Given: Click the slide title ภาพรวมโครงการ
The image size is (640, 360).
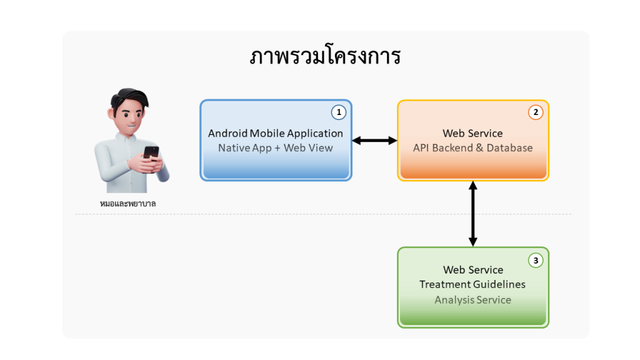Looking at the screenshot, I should click(325, 57).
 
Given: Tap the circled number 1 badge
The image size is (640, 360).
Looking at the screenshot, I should click(338, 112).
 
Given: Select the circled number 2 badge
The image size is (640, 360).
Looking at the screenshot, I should click(536, 112).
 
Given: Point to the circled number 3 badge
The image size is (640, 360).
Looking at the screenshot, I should click(536, 260).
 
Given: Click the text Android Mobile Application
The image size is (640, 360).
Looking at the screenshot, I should click(276, 133).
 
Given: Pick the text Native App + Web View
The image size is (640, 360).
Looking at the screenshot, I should click(276, 148).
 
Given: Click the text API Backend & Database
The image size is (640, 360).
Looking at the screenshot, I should click(472, 148).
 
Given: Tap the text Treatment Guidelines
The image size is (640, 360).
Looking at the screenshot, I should click(472, 284).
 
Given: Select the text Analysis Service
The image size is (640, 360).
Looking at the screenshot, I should click(472, 300).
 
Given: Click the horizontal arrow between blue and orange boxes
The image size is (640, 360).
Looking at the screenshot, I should click(374, 141).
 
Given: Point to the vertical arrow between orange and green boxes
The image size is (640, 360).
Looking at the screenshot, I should click(473, 214).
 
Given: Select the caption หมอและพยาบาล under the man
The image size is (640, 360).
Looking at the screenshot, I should click(127, 203).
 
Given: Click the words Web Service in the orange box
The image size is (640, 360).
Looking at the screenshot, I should click(472, 133).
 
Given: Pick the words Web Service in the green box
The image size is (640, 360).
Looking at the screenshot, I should click(473, 270).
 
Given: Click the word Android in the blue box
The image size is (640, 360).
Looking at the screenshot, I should click(227, 133).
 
